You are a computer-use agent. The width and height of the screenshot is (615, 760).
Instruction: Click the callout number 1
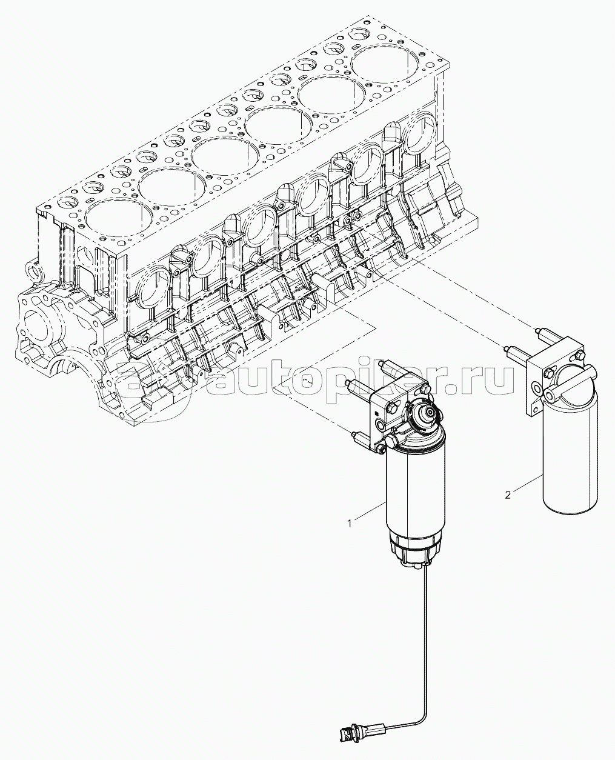point(350,523)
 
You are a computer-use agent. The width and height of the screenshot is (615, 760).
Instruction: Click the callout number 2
point(508,495)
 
